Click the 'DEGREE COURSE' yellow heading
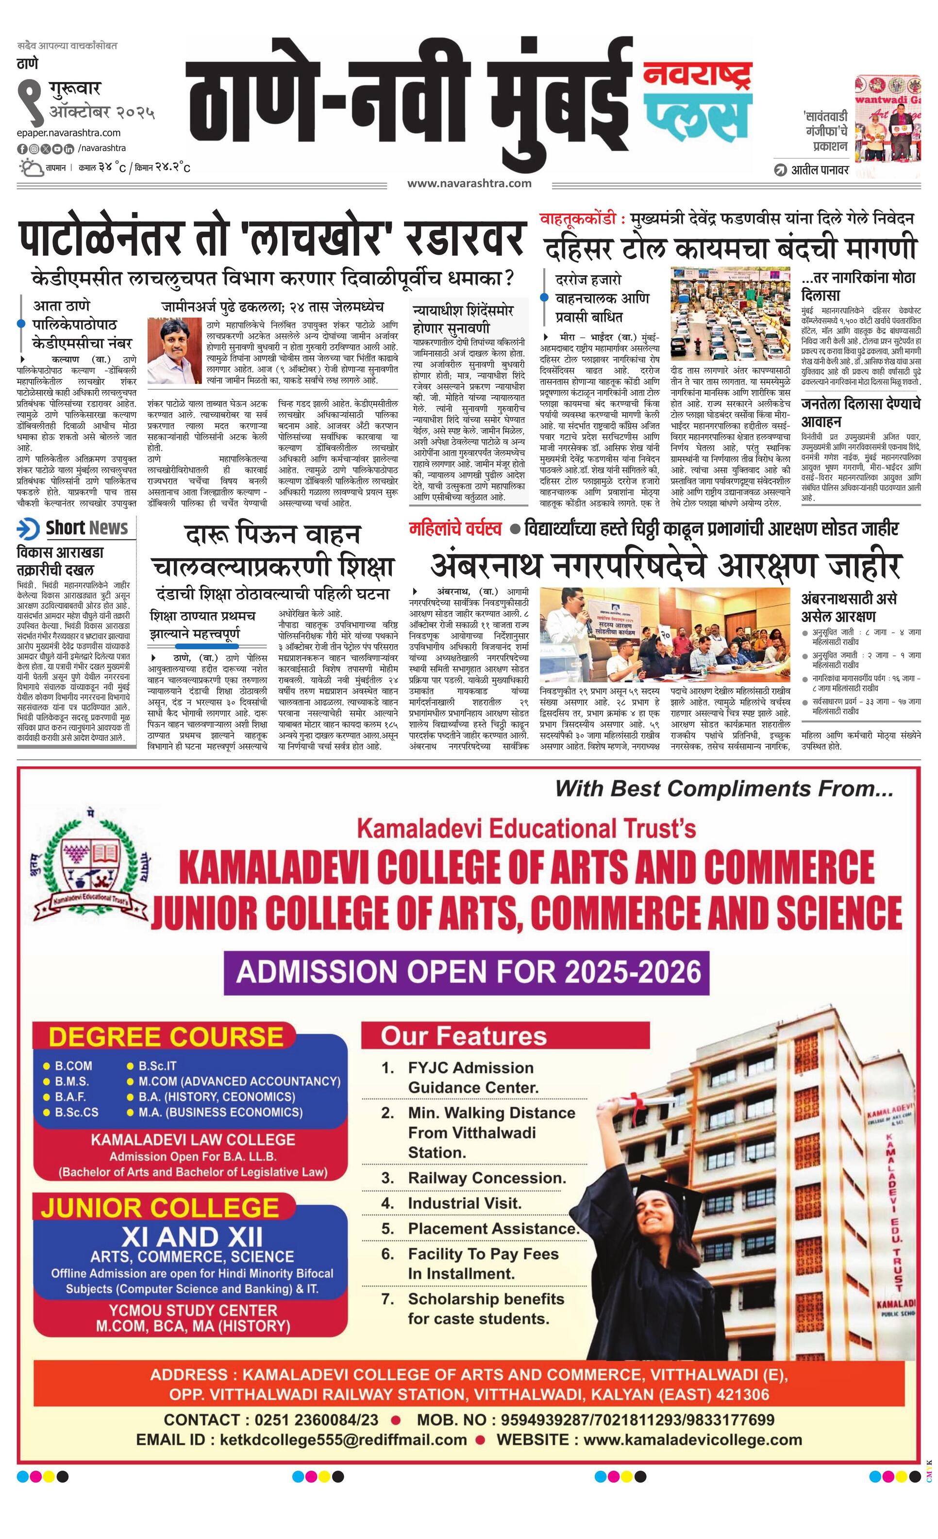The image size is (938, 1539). pos(166,1037)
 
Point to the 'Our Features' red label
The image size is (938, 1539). pos(464,1036)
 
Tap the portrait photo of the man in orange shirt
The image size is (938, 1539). pos(169,350)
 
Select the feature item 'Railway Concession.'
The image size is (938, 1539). pos(487,1178)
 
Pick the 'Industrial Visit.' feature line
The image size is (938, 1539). pos(464,1203)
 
